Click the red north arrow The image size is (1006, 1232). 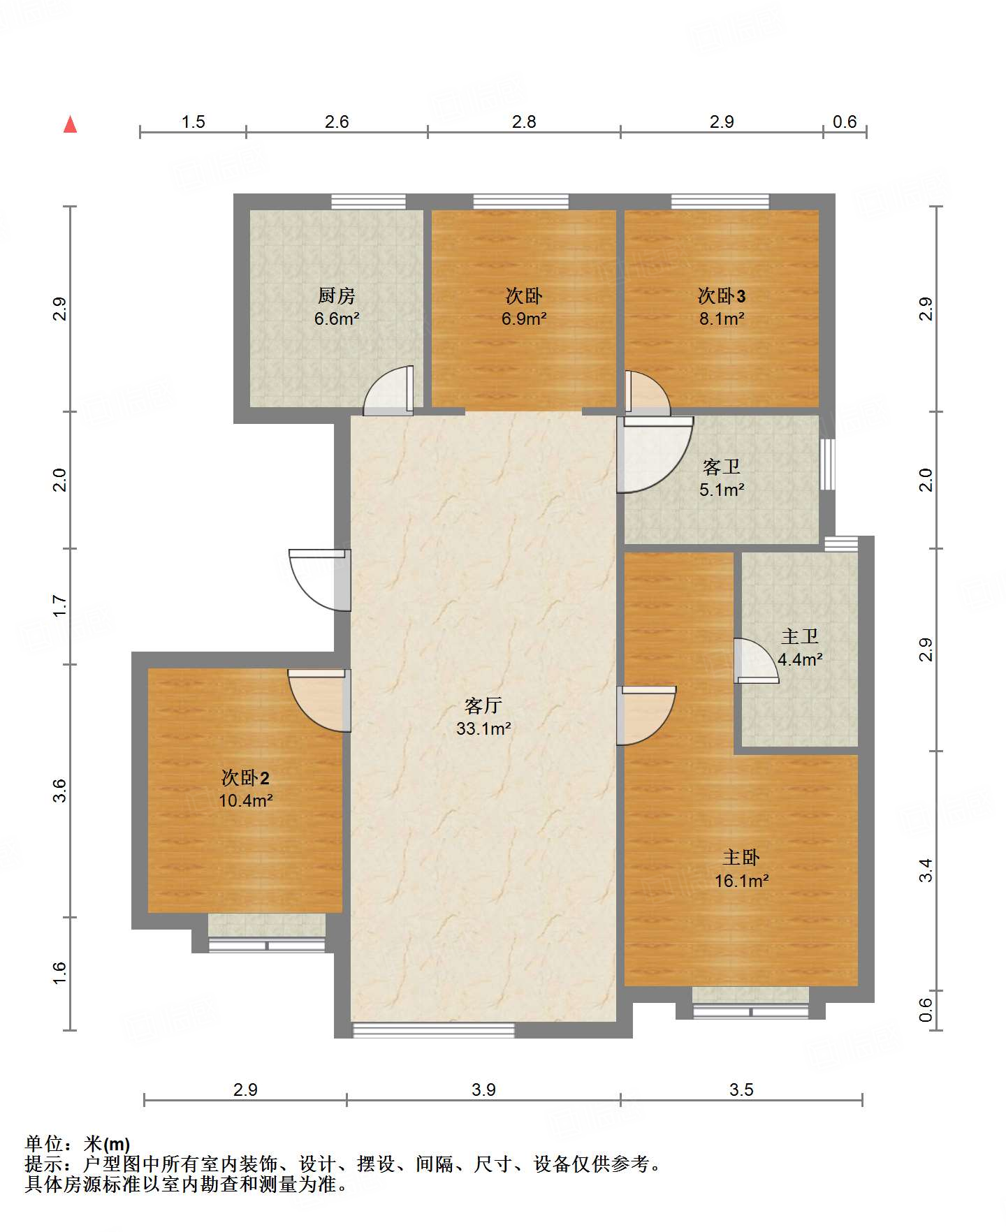(70, 124)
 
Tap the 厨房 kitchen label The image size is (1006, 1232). (337, 295)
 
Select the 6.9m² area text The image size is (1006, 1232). (524, 319)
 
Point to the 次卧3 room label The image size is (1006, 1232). (722, 296)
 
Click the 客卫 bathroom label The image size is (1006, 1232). (722, 466)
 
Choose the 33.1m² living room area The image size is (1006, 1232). (483, 728)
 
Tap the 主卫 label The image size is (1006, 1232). (800, 636)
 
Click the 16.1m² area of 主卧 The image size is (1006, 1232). (741, 881)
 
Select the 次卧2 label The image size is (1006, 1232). (245, 777)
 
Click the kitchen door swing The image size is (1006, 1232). (388, 390)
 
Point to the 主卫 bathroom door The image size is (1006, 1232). (756, 661)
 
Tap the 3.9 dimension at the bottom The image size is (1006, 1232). (483, 1089)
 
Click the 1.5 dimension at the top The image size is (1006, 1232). (194, 122)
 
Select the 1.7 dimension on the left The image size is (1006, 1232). (59, 606)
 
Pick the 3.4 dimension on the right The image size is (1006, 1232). (926, 870)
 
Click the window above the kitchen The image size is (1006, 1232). (368, 202)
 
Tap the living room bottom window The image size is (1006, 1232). (433, 1030)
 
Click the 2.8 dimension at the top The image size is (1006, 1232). (524, 122)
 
